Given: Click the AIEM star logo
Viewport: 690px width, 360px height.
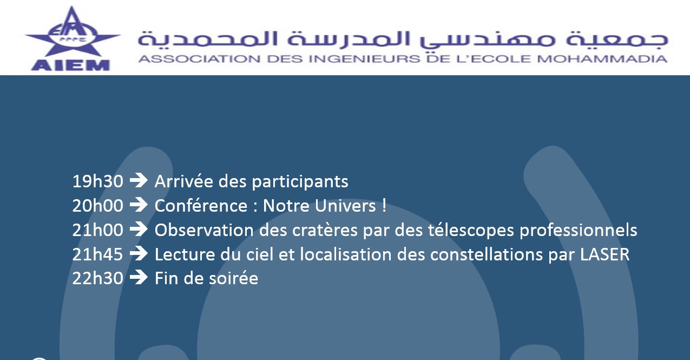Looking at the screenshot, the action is (x=73, y=38).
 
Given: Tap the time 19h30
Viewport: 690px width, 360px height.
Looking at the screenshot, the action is (x=97, y=181).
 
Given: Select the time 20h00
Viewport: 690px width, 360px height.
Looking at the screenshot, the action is (x=97, y=205).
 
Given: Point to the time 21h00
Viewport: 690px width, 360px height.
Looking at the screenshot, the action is (x=97, y=230).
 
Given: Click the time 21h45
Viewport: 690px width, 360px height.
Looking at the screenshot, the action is (x=97, y=254).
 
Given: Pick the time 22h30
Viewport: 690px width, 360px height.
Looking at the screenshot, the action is (x=97, y=278).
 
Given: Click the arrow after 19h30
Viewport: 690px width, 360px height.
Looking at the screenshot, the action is (x=139, y=180).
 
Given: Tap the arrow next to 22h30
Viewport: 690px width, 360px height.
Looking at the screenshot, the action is (x=139, y=277).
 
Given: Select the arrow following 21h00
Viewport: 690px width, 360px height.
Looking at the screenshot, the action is (x=139, y=230).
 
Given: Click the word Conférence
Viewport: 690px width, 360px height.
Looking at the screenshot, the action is (x=201, y=206).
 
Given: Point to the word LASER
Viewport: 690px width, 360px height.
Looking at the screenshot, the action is (x=604, y=254).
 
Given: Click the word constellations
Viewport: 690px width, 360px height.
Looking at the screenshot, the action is (x=487, y=254).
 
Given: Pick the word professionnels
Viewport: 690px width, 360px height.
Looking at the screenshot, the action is (x=579, y=230).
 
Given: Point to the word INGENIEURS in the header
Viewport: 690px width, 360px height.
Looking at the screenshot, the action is (x=364, y=59).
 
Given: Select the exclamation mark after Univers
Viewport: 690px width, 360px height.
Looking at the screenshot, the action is (x=384, y=205).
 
